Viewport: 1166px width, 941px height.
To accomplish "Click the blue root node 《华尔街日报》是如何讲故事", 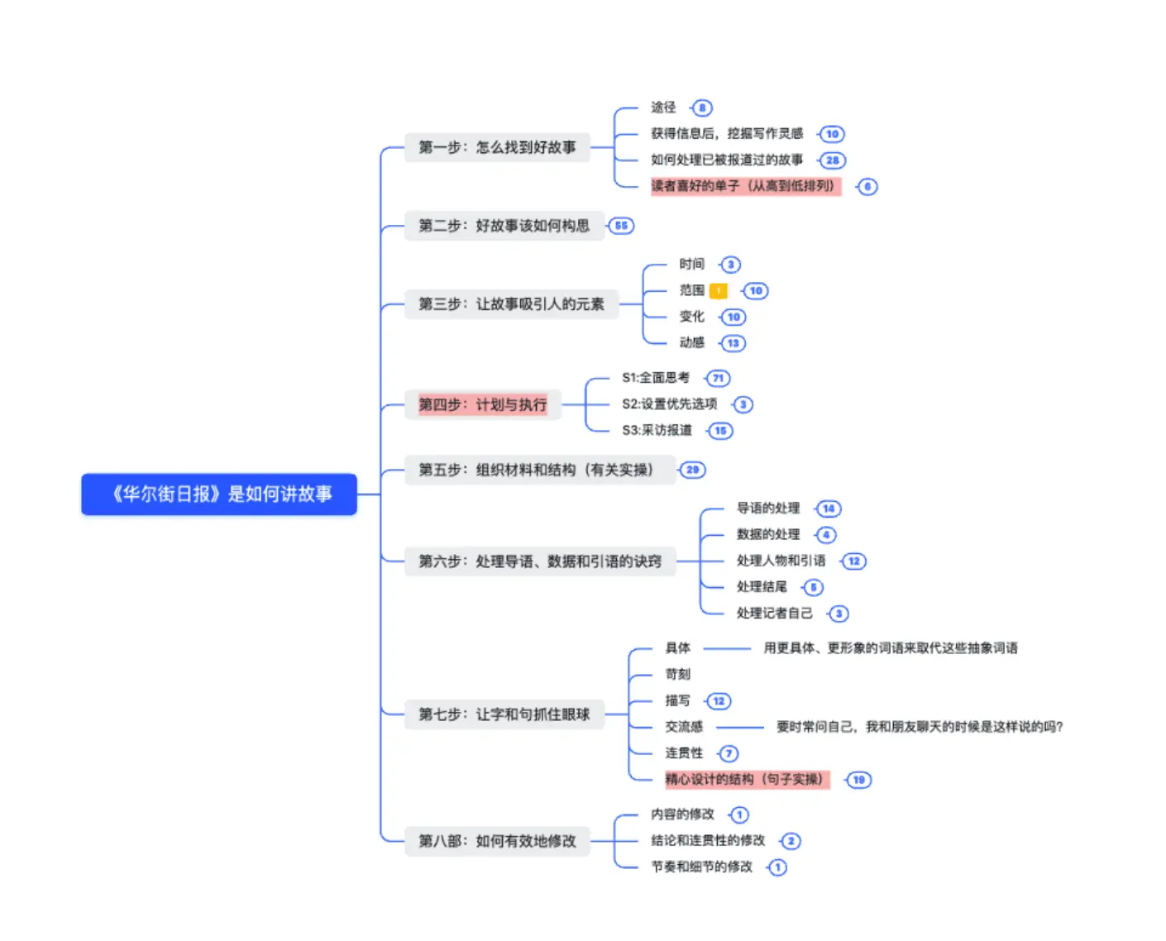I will (219, 494).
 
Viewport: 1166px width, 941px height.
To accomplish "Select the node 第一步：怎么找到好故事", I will (496, 147).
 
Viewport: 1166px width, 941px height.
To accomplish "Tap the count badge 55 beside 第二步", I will (621, 226).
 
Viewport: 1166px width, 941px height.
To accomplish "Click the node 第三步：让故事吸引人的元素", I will (511, 304).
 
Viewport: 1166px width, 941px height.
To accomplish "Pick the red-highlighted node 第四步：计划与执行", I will (482, 404).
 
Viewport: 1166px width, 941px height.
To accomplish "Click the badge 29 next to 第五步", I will (692, 470).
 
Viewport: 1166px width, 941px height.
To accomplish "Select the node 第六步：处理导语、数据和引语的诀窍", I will (539, 561).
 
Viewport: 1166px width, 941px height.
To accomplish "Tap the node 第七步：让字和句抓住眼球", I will (504, 714).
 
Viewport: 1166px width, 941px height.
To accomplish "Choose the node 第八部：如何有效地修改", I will (496, 841).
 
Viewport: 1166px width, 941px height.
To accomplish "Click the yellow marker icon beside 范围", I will (719, 290).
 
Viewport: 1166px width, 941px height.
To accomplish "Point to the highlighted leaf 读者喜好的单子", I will (744, 186).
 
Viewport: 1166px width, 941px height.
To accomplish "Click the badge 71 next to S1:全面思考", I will (718, 378).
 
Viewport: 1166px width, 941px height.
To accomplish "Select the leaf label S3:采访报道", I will (657, 430).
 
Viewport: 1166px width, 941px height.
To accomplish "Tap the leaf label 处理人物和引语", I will (781, 561).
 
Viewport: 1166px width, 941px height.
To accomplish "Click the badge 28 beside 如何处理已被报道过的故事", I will (832, 160).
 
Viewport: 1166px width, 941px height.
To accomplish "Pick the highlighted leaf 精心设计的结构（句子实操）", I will (746, 779).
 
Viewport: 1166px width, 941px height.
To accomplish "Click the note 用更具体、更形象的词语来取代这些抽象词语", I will (890, 648).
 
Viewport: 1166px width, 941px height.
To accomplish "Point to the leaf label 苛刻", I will (677, 674).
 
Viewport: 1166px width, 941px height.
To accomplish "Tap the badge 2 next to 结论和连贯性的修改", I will (791, 841).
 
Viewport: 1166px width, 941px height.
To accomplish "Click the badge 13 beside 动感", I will (734, 343).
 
